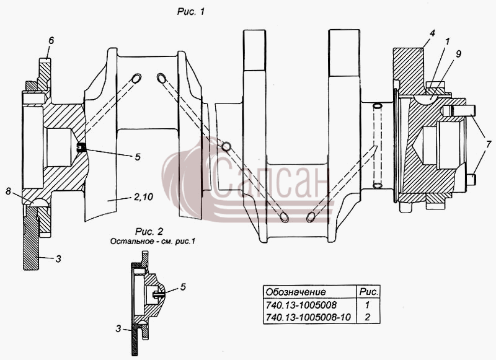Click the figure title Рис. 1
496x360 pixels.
pyautogui.click(x=191, y=12)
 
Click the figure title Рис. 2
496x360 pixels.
pyautogui.click(x=149, y=231)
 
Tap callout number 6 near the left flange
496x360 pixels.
pyautogui.click(x=51, y=40)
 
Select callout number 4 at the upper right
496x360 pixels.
pyautogui.click(x=432, y=33)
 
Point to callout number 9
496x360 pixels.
pyautogui.click(x=458, y=54)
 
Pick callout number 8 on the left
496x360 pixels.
pyautogui.click(x=8, y=191)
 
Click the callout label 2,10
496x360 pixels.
pyautogui.click(x=143, y=197)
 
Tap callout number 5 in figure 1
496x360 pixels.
pyautogui.click(x=137, y=157)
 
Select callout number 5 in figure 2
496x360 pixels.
pyautogui.click(x=183, y=287)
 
